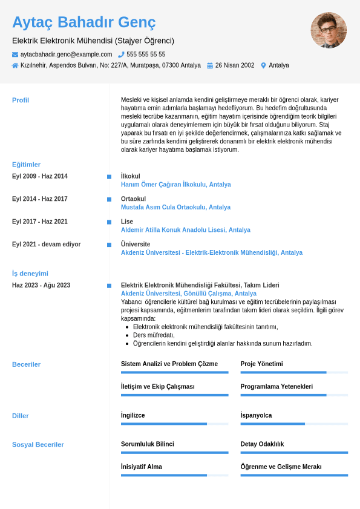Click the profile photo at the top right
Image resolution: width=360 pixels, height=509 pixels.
click(329, 30)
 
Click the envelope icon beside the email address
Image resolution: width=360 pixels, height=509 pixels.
click(15, 54)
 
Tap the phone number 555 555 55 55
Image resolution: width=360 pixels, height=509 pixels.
click(146, 54)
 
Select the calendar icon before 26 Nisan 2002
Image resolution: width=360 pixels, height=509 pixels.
click(210, 65)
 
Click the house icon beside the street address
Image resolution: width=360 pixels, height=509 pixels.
click(15, 65)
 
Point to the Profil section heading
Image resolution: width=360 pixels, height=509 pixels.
click(21, 100)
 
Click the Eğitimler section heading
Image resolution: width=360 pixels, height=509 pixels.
click(27, 165)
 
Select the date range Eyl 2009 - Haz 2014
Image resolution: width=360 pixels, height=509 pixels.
click(40, 176)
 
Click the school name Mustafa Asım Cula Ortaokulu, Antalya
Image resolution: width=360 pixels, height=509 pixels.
click(175, 207)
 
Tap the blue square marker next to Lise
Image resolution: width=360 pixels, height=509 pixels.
click(109, 222)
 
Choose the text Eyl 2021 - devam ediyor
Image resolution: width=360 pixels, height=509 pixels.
click(46, 245)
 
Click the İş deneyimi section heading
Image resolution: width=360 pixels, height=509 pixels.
click(30, 274)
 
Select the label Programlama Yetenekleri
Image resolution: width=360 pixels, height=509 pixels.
click(277, 386)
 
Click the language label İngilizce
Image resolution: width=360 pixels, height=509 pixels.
click(133, 415)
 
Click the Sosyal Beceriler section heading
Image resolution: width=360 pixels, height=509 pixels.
click(38, 445)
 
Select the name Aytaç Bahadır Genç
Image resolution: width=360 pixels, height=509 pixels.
click(84, 22)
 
